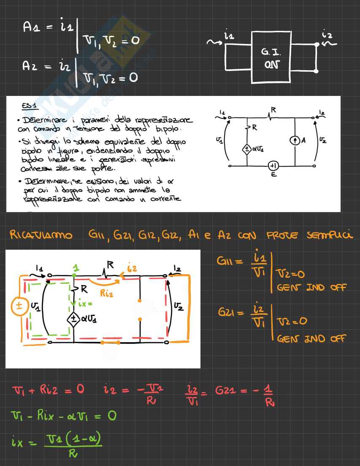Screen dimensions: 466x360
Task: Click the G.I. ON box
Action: [x=271, y=57]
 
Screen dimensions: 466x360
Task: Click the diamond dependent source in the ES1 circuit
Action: [x=246, y=149]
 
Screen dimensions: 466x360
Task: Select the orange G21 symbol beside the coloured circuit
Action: [x=227, y=313]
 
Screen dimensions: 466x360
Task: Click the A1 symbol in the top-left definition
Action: [x=31, y=27]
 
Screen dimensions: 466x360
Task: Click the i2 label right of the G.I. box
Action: [x=327, y=34]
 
